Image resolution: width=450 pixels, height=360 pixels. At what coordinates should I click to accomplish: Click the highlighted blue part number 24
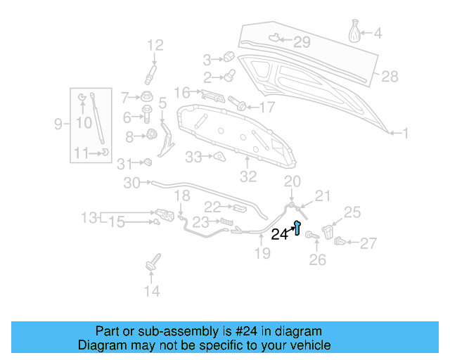click(x=298, y=228)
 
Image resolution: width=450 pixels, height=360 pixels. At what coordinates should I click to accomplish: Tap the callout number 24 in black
click(x=280, y=235)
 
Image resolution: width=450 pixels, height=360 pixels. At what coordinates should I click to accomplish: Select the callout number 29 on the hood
click(x=301, y=43)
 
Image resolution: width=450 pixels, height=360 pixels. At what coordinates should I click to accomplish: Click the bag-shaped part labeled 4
click(x=356, y=32)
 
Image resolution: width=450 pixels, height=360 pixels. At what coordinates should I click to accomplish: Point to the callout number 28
click(x=389, y=76)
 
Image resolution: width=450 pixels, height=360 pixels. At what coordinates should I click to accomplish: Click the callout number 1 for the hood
click(x=404, y=132)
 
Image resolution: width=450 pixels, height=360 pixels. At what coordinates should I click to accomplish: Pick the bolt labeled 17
click(x=240, y=106)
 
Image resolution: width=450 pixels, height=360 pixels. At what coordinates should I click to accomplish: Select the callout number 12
click(x=155, y=46)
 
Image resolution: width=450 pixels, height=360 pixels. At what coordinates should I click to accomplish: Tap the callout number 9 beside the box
click(x=58, y=124)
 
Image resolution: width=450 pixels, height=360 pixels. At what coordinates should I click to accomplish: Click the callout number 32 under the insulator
click(x=249, y=176)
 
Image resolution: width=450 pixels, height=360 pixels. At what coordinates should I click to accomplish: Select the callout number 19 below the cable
click(x=262, y=253)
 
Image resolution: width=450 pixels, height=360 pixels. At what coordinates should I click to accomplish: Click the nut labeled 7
click(x=148, y=96)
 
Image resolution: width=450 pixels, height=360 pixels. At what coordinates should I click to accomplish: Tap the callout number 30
click(x=132, y=184)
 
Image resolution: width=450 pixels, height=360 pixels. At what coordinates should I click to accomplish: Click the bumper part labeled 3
click(x=228, y=57)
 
